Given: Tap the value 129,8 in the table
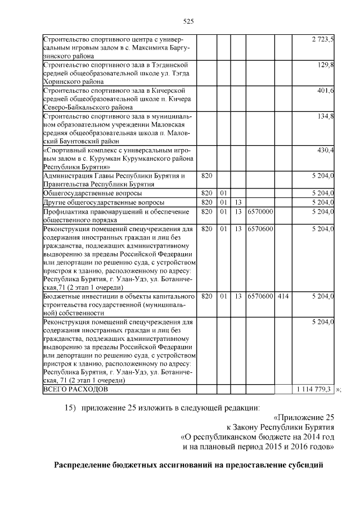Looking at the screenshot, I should tap(326, 65).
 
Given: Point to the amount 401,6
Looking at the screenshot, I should tap(326, 91).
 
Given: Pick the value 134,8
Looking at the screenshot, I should tap(326, 116).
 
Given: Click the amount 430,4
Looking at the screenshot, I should tap(326, 150).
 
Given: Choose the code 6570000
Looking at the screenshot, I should tap(260, 211).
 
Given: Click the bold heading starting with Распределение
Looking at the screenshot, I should tap(189, 465).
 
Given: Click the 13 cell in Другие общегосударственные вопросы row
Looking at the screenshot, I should tap(238, 202).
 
